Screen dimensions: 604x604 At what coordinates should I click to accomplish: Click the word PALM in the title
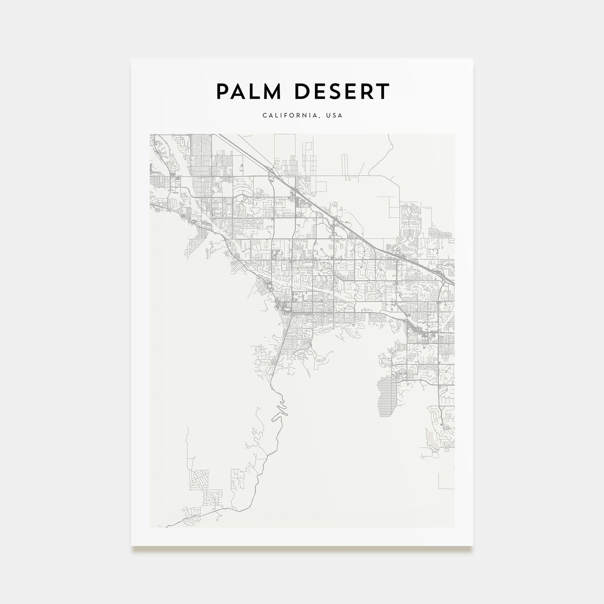click(x=245, y=91)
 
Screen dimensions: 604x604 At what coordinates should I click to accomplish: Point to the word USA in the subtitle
click(x=334, y=116)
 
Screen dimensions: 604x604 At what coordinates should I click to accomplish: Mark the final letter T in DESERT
click(x=383, y=91)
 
